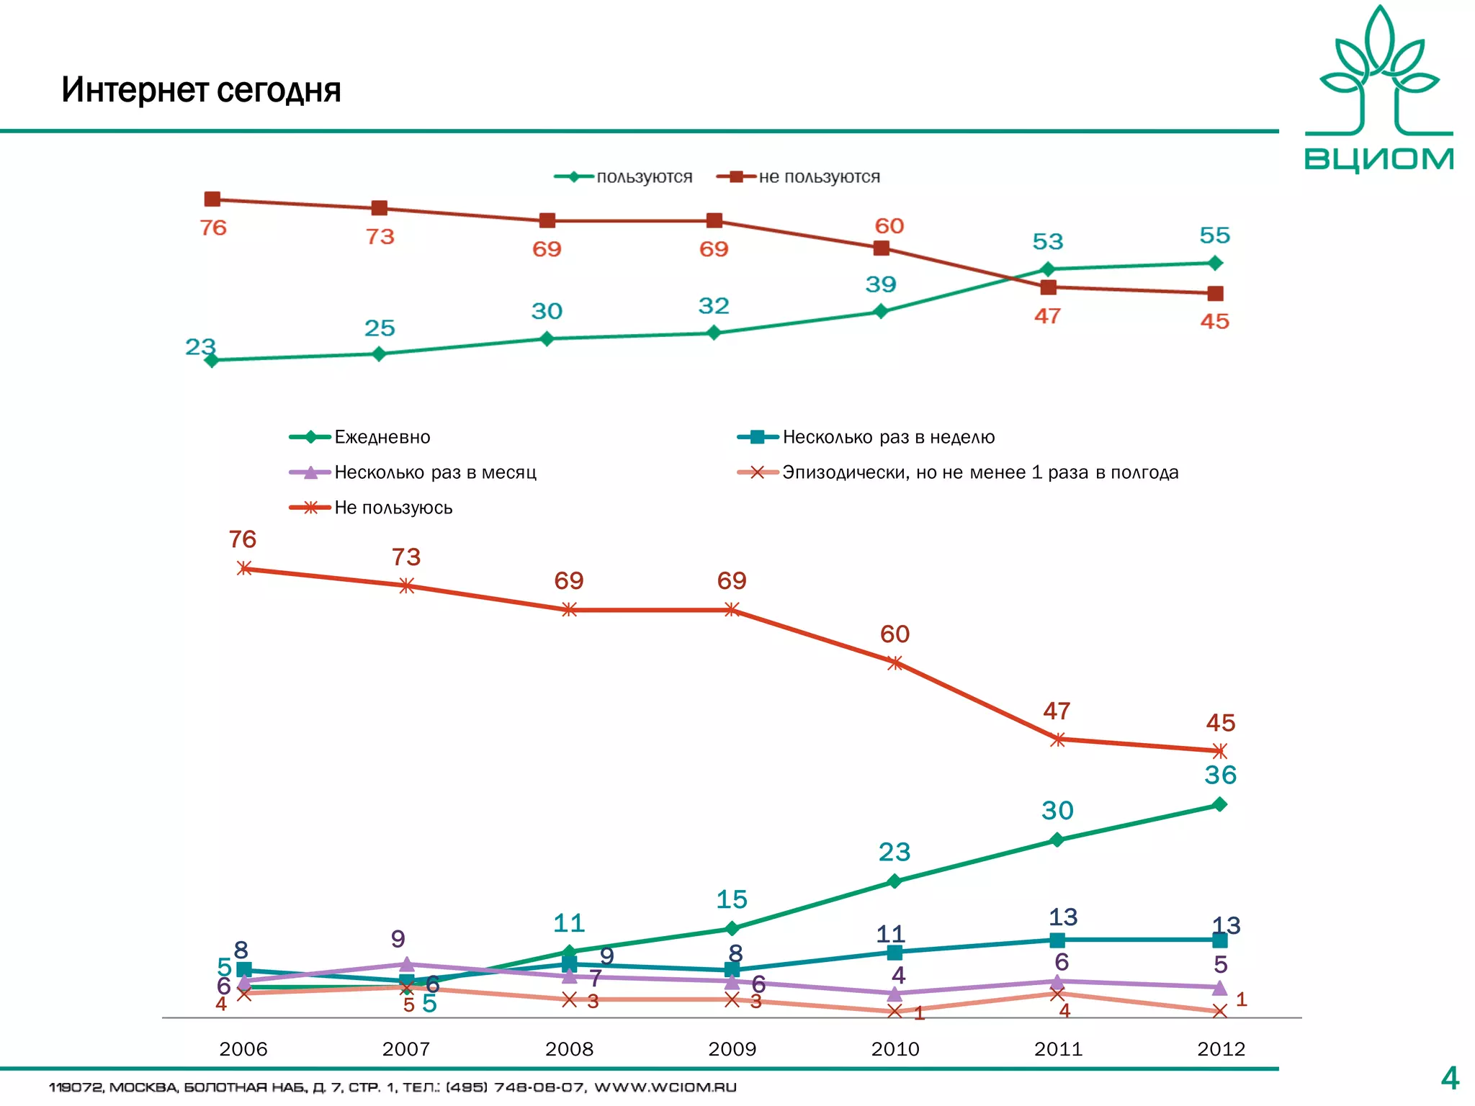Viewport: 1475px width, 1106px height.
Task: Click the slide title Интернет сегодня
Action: click(x=201, y=90)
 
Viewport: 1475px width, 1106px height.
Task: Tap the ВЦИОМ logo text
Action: click(x=1378, y=158)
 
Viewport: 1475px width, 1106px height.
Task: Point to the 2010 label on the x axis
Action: click(x=895, y=1048)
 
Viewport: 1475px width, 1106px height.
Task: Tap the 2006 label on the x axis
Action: click(x=243, y=1048)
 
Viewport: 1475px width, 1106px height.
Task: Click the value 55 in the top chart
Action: click(x=1214, y=235)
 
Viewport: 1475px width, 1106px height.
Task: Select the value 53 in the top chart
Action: click(x=1047, y=241)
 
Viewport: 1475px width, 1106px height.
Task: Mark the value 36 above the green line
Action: click(x=1220, y=775)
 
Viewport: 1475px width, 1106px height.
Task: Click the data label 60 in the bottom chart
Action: click(x=895, y=634)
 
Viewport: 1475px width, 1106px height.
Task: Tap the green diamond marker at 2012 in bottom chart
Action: click(x=1219, y=804)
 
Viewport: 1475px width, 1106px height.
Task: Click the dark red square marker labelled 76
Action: click(x=212, y=199)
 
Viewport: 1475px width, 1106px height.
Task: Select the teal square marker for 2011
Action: click(x=1057, y=940)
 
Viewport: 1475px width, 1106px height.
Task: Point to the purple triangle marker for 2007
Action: click(x=406, y=963)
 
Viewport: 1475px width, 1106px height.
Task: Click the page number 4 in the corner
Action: click(x=1450, y=1078)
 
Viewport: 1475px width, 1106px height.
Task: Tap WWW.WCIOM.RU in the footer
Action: click(x=665, y=1087)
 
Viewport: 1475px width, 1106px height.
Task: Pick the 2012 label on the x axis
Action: click(x=1221, y=1048)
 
